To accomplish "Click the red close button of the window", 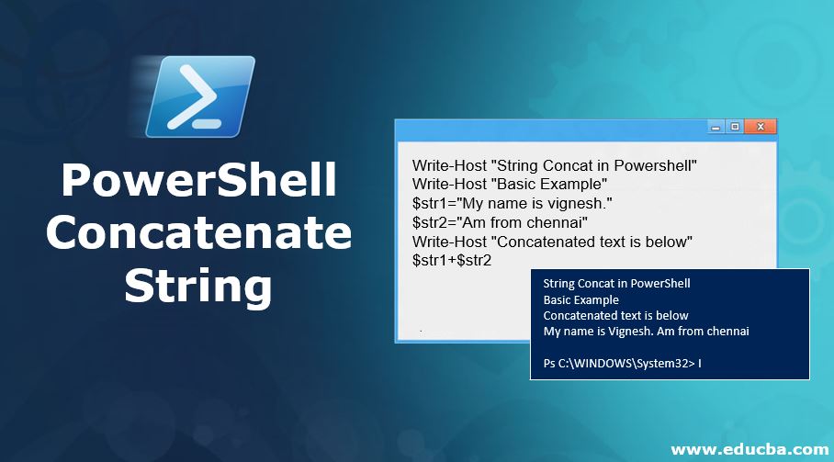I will (761, 128).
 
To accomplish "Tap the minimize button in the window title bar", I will (716, 128).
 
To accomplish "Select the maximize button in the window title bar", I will (735, 128).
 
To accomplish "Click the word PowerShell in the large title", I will (198, 180).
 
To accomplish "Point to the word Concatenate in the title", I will (198, 231).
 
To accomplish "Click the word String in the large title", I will (198, 284).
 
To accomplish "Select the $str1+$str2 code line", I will (452, 260).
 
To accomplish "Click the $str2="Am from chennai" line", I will (500, 222).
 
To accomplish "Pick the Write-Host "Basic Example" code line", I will (509, 184).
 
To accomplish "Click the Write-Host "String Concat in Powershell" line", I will (555, 165).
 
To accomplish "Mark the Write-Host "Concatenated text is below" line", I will (551, 241).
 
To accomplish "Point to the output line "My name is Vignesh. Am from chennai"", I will (646, 331).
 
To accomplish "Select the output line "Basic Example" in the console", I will (580, 299).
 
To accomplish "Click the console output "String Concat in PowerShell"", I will (616, 283).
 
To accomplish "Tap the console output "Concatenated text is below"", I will (615, 315).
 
